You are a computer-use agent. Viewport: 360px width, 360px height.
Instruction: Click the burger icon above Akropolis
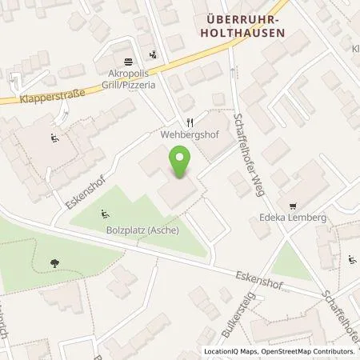coord(128,62)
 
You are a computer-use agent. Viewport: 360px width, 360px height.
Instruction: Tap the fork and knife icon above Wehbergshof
coord(190,122)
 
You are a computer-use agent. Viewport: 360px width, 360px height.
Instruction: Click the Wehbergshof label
coord(190,136)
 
